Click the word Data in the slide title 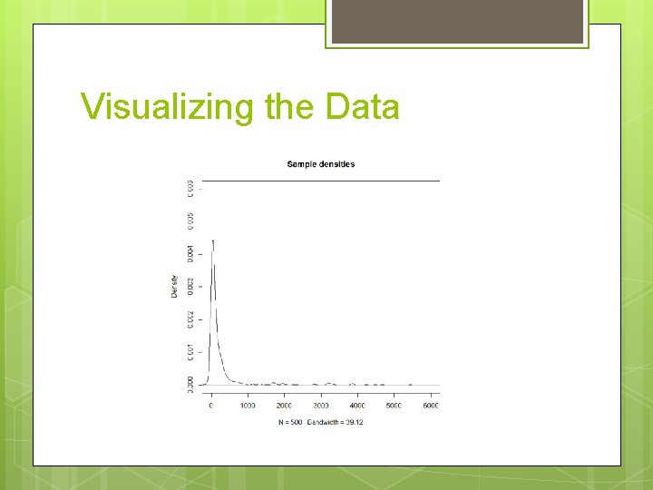click(x=363, y=107)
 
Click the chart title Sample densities click(x=320, y=164)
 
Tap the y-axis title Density click(x=174, y=286)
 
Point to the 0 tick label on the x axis click(x=211, y=406)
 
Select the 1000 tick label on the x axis click(x=248, y=406)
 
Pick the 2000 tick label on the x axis click(x=284, y=406)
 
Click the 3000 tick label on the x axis click(x=320, y=406)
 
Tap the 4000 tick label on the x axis click(x=356, y=406)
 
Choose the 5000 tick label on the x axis click(x=393, y=406)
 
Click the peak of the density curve click(x=213, y=240)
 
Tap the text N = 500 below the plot click(x=291, y=423)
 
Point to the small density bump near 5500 click(x=410, y=384)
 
